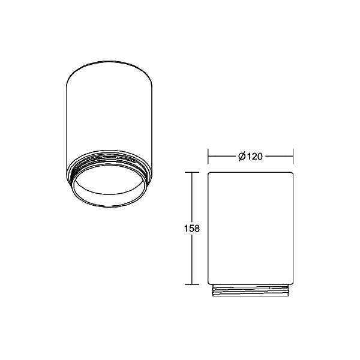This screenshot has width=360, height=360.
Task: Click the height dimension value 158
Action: pyautogui.click(x=192, y=229)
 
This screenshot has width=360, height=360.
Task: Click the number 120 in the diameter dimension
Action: pyautogui.click(x=255, y=157)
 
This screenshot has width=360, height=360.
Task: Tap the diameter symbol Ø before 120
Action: pyautogui.click(x=242, y=157)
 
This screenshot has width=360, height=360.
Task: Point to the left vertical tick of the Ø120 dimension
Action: pyautogui.click(x=208, y=157)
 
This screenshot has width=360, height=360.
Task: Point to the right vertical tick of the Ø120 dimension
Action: pyautogui.click(x=293, y=157)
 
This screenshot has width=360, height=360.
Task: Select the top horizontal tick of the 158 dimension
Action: pyautogui.click(x=192, y=172)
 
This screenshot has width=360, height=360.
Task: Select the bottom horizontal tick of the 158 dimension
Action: pyautogui.click(x=192, y=284)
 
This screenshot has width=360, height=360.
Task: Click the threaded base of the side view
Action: pyautogui.click(x=250, y=290)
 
